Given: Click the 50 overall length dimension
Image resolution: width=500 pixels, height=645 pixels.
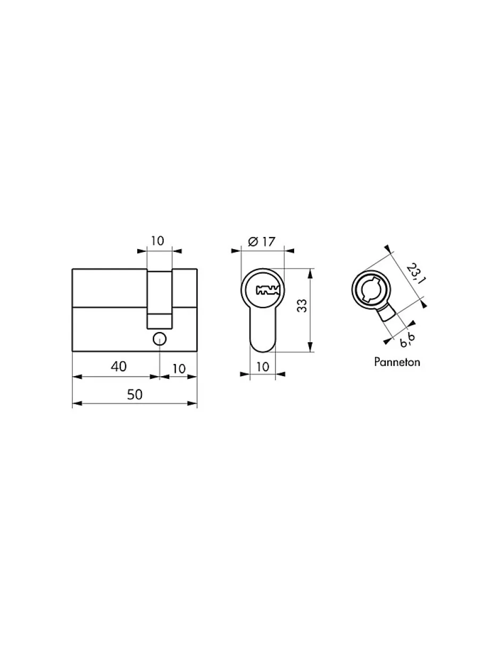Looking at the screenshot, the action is tap(135, 394).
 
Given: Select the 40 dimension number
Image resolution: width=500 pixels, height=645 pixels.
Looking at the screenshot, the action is tap(119, 367).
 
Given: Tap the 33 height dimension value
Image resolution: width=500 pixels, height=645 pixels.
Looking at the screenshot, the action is tap(302, 305).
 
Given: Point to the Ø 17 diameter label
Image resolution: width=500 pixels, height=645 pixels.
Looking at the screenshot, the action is tap(262, 242).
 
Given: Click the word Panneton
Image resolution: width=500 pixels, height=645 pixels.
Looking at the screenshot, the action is tap(397, 362).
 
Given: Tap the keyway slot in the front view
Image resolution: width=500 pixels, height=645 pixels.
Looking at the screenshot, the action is tap(268, 290).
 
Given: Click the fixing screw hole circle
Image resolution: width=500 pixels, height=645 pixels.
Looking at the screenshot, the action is tap(160, 339).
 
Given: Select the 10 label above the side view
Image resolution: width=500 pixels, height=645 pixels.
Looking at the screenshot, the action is tap(157, 241).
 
